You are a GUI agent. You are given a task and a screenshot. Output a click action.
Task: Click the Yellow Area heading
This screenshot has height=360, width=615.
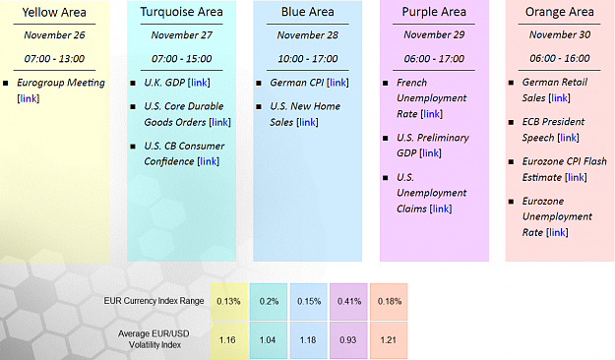tap(54, 13)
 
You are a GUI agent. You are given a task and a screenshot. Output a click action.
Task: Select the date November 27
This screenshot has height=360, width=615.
tap(182, 35)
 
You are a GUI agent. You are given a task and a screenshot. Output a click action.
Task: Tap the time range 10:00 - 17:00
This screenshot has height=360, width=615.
tap(307, 59)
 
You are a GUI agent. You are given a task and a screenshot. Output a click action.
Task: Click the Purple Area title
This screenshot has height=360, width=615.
tap(434, 12)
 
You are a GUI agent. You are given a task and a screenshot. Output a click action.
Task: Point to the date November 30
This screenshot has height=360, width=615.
tap(560, 34)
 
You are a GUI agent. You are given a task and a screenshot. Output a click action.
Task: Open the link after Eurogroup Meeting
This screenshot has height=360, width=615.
tap(29, 98)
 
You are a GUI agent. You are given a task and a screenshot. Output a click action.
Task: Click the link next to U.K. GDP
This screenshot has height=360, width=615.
tap(199, 83)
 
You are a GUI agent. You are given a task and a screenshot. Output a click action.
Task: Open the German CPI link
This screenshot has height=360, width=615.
tap(338, 83)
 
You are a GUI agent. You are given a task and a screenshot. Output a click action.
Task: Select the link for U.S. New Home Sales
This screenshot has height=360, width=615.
tap(307, 122)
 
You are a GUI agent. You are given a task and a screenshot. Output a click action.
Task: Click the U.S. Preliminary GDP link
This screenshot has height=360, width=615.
tap(430, 152)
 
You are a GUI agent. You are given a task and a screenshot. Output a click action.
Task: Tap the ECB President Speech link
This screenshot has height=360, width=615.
tap(569, 138)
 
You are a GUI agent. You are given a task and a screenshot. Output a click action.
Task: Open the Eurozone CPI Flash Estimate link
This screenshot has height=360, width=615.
tap(577, 177)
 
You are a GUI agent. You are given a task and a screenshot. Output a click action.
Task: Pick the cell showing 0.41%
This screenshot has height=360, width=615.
tap(348, 302)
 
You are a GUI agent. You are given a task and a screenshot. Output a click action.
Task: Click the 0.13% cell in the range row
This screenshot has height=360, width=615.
tap(228, 302)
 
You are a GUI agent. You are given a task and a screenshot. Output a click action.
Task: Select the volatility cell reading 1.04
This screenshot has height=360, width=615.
tap(269, 340)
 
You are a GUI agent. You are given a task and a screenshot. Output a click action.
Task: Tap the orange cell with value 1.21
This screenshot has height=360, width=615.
tap(389, 340)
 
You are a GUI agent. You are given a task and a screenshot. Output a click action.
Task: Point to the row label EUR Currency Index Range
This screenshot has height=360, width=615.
tap(154, 301)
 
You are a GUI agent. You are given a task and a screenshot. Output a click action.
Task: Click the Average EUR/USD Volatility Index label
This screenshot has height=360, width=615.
tap(154, 339)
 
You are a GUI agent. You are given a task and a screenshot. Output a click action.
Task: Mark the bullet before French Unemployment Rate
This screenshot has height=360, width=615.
tap(386, 84)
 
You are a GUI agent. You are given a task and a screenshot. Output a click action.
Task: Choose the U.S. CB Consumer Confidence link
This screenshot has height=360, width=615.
tap(209, 161)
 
